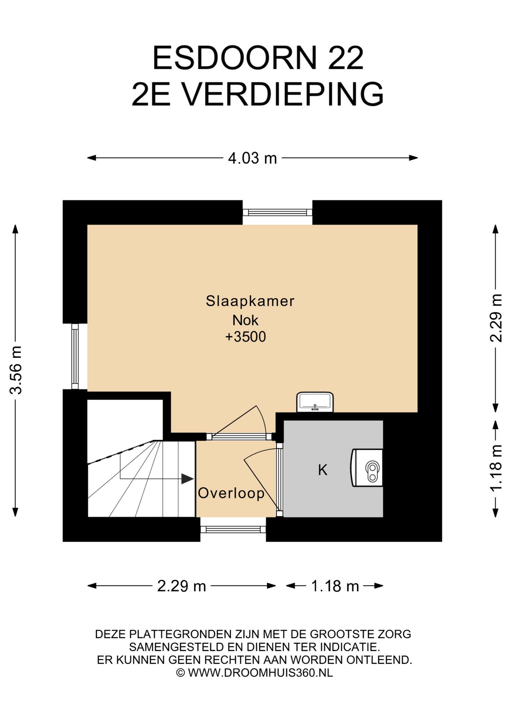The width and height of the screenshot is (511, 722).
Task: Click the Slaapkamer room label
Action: point(250,301)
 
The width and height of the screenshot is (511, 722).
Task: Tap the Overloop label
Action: point(231,493)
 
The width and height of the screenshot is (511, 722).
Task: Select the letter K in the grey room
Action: point(322,470)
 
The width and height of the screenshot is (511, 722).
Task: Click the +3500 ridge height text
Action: point(245,337)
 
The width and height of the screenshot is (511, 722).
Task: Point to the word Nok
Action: point(245,320)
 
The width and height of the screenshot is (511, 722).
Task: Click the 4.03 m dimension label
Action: point(252,158)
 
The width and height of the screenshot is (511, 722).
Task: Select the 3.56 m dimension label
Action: point(16,370)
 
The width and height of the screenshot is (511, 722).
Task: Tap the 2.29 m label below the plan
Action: point(181,586)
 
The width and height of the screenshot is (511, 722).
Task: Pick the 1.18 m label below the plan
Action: point(335,586)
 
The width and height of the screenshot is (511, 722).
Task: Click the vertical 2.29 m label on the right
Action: point(496,318)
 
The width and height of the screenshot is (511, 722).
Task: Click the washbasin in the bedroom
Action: point(315,402)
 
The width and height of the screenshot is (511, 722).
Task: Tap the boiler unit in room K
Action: point(367,468)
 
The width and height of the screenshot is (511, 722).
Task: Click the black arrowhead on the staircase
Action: point(187,479)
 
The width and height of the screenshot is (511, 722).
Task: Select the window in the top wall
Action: point(277,212)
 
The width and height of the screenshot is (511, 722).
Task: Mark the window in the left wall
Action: point(75,356)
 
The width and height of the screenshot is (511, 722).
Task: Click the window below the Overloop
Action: point(233,529)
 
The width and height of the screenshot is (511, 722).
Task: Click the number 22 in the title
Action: point(346,58)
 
